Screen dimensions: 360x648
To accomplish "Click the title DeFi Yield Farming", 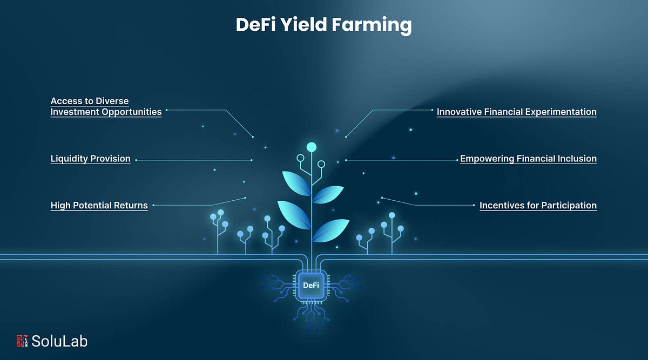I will point(323,25).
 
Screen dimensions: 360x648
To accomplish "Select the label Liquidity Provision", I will point(90,159).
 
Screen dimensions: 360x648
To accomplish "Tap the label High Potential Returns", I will point(99,205).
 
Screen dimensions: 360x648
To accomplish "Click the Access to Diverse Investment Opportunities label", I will point(106,106).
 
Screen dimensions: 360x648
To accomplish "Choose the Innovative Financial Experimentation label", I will point(516,112).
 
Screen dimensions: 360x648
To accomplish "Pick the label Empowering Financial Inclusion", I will point(528,159).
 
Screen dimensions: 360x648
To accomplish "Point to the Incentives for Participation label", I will point(538,205).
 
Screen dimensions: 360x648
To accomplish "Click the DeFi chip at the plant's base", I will point(310,285).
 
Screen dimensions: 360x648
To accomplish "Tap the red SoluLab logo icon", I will point(22,341).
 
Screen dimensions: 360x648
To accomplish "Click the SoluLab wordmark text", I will point(59,341).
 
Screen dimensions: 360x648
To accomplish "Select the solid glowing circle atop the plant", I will point(311,146).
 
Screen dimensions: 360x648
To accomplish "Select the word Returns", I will point(131,205).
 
